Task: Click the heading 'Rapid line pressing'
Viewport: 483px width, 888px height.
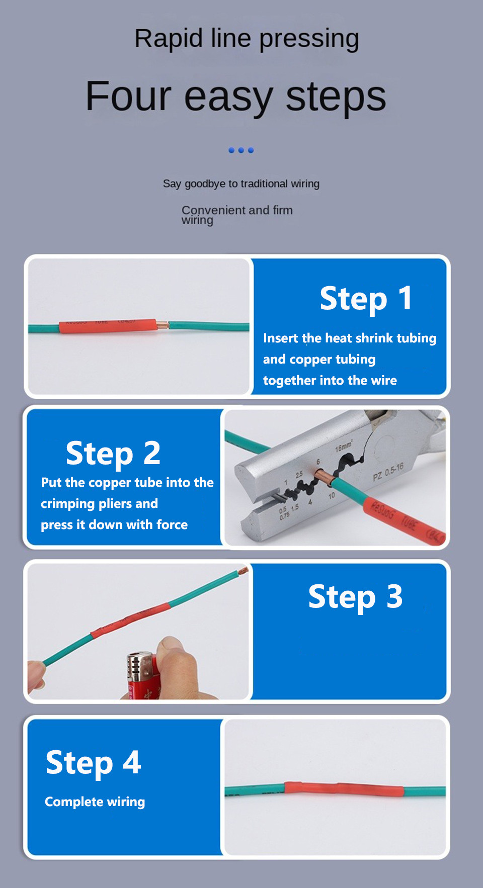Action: pos(247,39)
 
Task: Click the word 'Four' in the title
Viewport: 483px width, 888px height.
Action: pos(128,96)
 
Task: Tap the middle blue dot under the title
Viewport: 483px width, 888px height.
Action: pos(241,150)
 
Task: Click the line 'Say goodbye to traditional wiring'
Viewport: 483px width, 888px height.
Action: pos(241,184)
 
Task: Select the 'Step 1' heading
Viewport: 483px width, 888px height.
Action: pos(366,298)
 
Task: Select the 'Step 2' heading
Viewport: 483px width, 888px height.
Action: pos(113,453)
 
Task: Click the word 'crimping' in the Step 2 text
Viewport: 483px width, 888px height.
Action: pos(68,504)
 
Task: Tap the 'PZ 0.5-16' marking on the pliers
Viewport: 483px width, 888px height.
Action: pos(388,472)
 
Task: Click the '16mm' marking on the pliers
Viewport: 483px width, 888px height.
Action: pos(344,447)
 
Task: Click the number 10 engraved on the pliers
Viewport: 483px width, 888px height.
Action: pos(332,496)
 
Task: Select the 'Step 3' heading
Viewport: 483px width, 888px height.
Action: pos(355,597)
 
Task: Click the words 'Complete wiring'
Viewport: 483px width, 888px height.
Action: pos(95,802)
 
